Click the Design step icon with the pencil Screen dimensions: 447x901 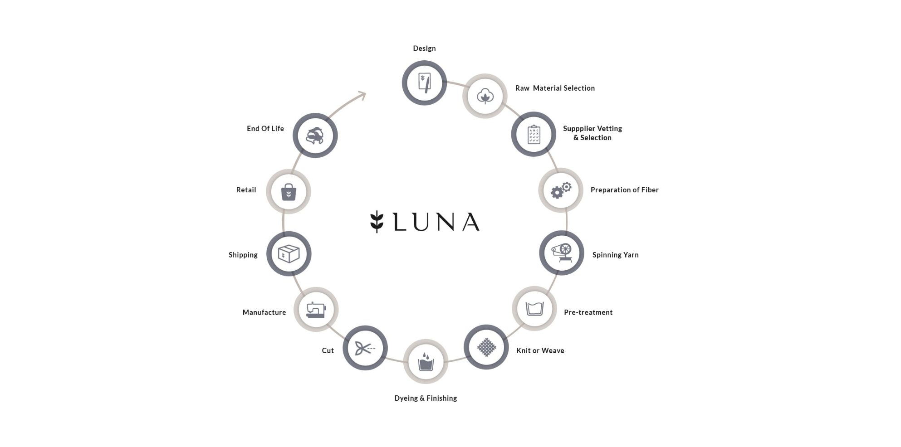(424, 83)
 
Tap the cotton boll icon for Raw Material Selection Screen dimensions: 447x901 (485, 96)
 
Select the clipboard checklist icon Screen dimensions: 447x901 (534, 135)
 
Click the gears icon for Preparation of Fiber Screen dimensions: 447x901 (561, 190)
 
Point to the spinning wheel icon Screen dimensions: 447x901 (562, 253)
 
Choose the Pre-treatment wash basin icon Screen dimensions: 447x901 (534, 309)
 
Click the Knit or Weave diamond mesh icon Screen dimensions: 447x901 (486, 347)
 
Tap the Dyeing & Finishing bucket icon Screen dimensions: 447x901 (426, 362)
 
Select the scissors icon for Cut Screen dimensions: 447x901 (365, 348)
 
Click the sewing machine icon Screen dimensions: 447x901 (316, 310)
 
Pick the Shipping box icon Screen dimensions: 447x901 (289, 254)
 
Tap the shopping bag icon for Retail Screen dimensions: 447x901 (289, 192)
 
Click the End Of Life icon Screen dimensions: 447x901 (315, 136)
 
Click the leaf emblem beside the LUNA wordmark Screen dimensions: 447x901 (377, 221)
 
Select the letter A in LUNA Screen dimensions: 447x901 (471, 222)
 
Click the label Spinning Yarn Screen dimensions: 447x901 (615, 255)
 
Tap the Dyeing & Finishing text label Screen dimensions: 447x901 (426, 398)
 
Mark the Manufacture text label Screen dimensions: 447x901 (264, 312)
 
